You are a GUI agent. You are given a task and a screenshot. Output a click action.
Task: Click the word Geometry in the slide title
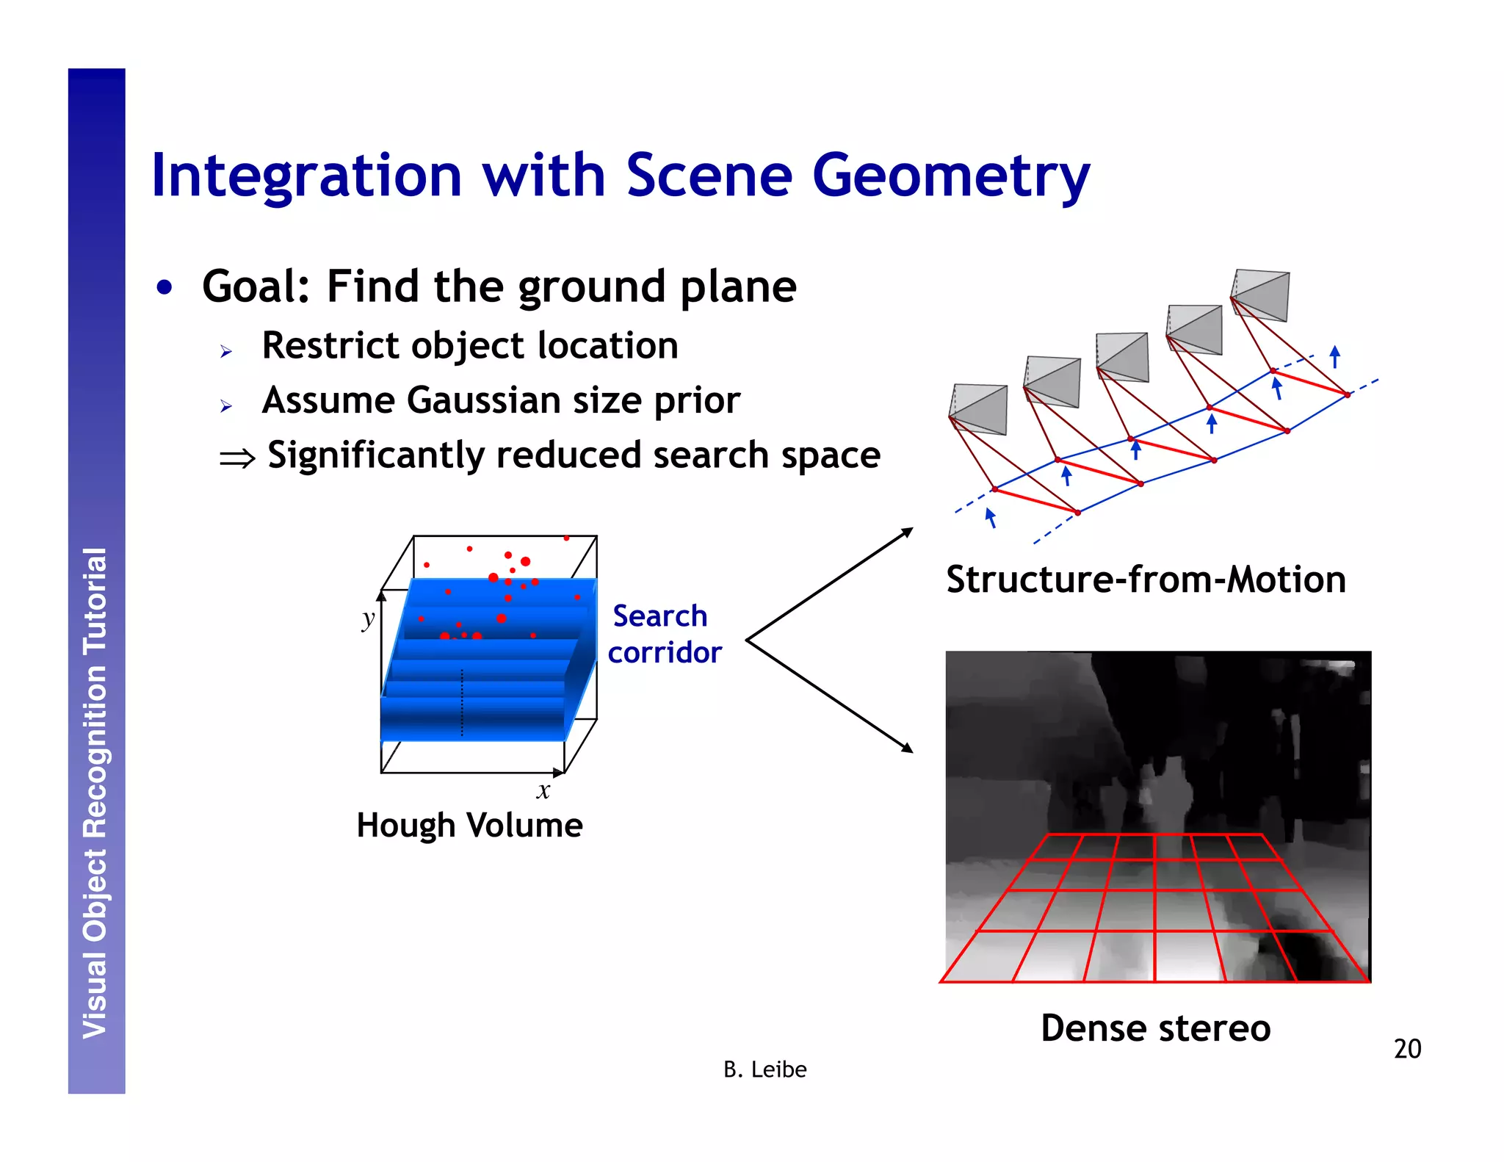pos(950,176)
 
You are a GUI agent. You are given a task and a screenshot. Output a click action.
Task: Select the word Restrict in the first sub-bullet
pos(330,345)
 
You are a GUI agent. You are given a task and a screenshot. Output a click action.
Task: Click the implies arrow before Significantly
pos(236,459)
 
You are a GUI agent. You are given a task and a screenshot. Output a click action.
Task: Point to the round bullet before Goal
pos(164,287)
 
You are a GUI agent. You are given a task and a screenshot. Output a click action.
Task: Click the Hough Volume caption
pos(469,825)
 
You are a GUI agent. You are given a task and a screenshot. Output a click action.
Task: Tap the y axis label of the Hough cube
pos(368,619)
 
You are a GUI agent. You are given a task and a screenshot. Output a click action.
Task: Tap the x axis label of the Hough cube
pos(543,791)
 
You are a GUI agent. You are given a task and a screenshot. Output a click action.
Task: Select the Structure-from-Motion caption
pos(1146,580)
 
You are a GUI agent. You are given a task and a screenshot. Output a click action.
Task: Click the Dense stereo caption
pos(1155,1028)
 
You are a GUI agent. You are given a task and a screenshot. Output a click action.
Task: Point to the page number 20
pos(1407,1048)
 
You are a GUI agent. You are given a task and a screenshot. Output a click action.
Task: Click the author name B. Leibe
pos(764,1069)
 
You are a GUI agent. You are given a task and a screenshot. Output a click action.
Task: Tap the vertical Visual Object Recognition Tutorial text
pos(95,793)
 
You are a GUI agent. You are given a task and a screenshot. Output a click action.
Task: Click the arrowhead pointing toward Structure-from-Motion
pos(908,531)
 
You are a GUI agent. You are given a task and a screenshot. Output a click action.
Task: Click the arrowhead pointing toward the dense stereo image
pos(908,748)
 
